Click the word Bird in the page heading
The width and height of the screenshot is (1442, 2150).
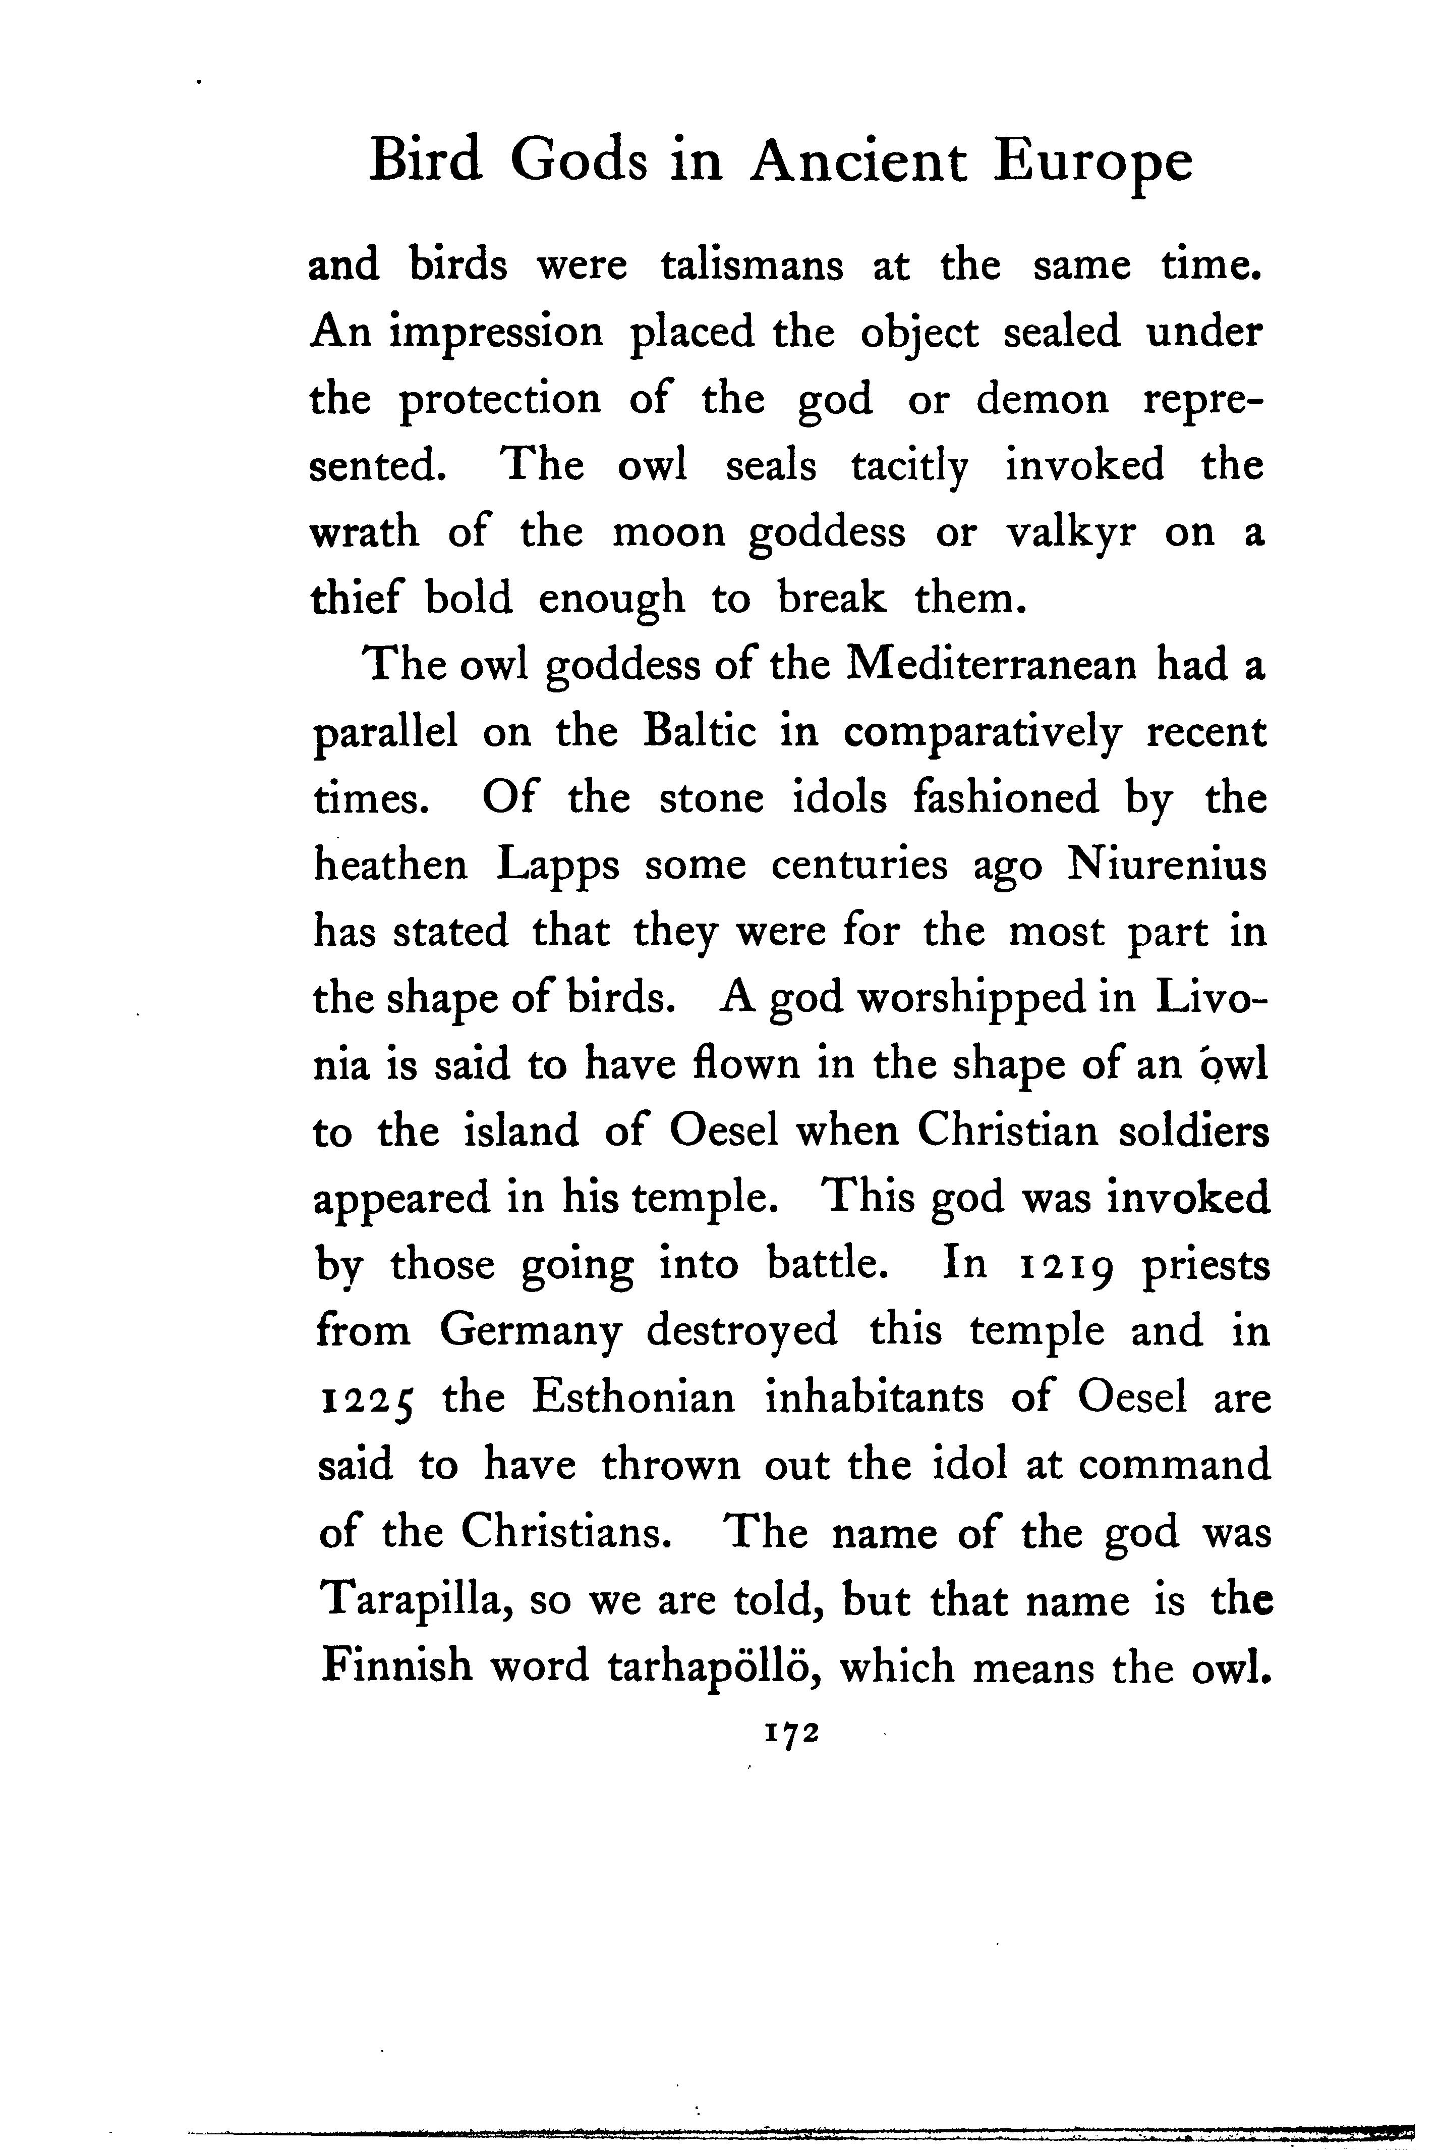coord(424,162)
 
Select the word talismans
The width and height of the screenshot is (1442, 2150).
coord(752,266)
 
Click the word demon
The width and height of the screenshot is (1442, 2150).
coord(1042,399)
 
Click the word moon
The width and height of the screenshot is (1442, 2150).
coord(669,532)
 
